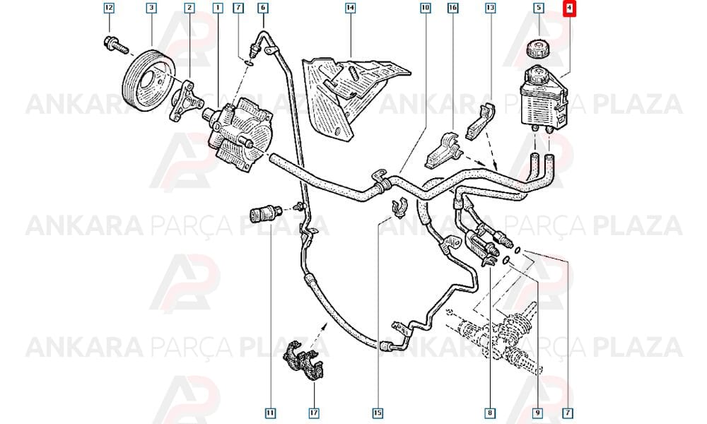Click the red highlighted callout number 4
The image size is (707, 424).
tap(569, 8)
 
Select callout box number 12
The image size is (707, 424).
tap(109, 8)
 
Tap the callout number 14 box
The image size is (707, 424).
tap(351, 8)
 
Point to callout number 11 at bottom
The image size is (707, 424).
tap(270, 413)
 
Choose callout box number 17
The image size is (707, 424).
tap(314, 413)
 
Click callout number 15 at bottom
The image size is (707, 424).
tap(378, 413)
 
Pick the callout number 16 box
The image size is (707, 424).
tap(452, 8)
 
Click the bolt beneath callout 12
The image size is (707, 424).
tap(116, 45)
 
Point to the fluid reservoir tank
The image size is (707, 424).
tap(543, 97)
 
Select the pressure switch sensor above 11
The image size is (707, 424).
tap(266, 213)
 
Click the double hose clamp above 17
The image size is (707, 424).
tap(305, 360)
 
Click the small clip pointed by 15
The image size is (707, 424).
tap(399, 206)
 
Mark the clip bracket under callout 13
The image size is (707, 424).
tap(481, 122)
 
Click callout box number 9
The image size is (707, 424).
tap(537, 413)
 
